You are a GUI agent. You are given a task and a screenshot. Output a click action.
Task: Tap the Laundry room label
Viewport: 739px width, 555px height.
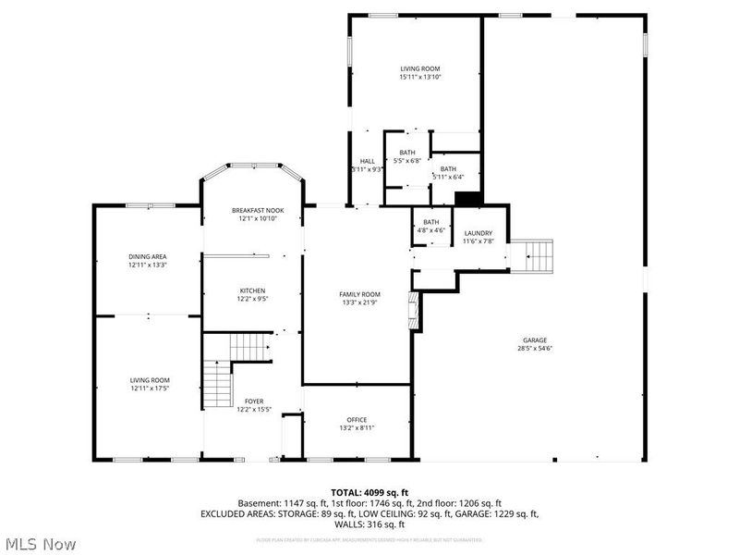pyautogui.click(x=478, y=237)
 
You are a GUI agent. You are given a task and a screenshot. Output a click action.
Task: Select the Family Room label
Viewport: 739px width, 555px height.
pyautogui.click(x=359, y=299)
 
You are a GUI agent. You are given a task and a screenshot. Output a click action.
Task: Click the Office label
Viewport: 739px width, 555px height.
pyautogui.click(x=357, y=423)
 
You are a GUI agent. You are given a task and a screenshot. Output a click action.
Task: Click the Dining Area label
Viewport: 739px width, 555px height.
pyautogui.click(x=146, y=261)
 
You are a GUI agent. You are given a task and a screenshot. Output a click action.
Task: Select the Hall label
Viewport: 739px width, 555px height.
pyautogui.click(x=367, y=165)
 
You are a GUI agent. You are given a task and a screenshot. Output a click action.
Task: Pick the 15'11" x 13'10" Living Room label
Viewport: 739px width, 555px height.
pyautogui.click(x=419, y=73)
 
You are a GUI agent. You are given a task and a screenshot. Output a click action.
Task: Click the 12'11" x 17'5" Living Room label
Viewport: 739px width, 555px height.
pyautogui.click(x=149, y=384)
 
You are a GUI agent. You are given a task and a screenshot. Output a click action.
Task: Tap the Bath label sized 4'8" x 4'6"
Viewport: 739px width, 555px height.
pyautogui.click(x=431, y=226)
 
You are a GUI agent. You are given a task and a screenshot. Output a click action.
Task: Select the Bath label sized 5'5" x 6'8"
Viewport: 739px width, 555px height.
pyautogui.click(x=407, y=156)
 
